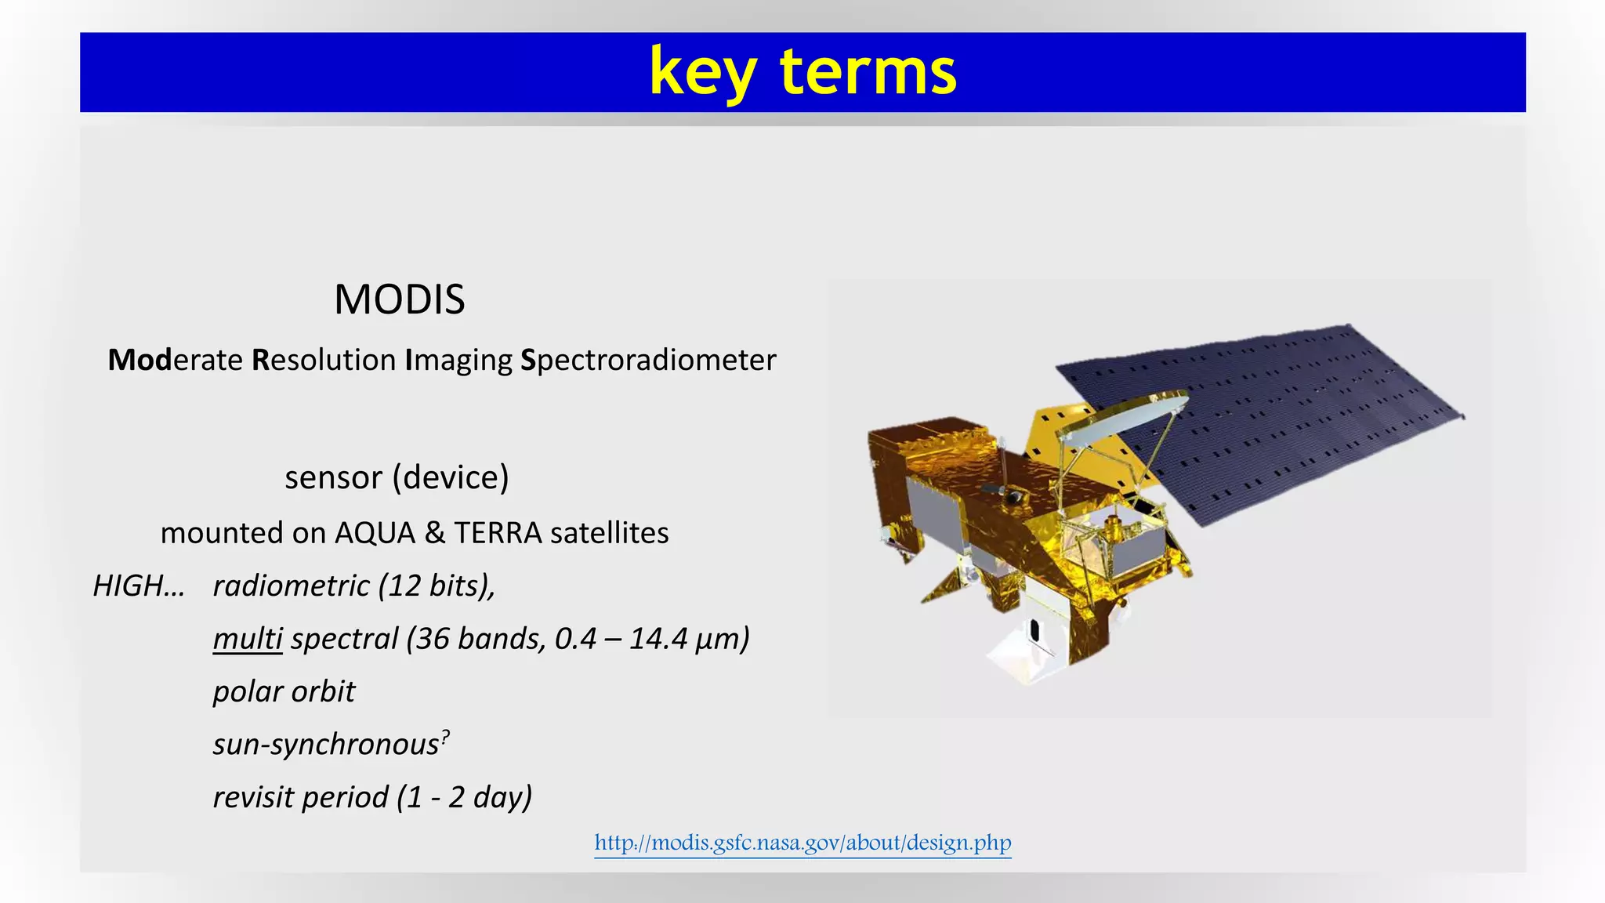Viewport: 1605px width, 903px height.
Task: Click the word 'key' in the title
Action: click(x=701, y=72)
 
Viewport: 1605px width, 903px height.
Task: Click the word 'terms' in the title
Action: click(x=868, y=72)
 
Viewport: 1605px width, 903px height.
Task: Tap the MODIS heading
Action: click(x=399, y=299)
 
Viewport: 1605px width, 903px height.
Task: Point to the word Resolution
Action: click(x=324, y=361)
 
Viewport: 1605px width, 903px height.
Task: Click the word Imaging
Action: click(x=458, y=361)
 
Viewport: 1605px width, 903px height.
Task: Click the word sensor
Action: click(x=333, y=477)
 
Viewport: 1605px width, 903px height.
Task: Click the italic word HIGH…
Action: click(x=139, y=586)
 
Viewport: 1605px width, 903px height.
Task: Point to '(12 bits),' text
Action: click(x=436, y=586)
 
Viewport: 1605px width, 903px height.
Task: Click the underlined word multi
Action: click(x=247, y=639)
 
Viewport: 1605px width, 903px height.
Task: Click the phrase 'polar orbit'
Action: click(x=284, y=691)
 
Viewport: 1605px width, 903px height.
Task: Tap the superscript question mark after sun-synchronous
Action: click(x=445, y=737)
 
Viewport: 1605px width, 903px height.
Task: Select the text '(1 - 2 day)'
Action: click(x=464, y=797)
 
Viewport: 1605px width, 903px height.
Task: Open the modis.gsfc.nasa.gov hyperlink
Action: click(x=802, y=843)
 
